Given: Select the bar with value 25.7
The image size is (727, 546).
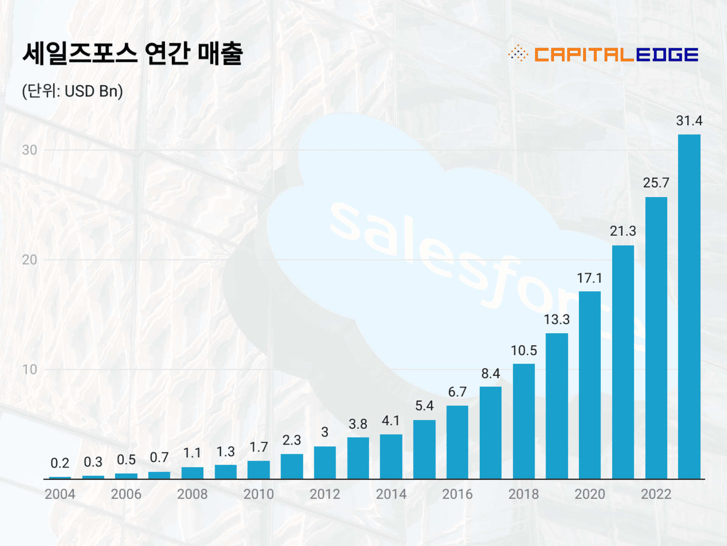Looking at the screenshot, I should coord(656,337).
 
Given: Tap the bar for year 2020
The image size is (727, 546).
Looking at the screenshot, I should coord(590,385).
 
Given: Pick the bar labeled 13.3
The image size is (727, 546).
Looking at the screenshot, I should coord(557,406).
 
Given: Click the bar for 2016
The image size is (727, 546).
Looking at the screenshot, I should coord(457,442).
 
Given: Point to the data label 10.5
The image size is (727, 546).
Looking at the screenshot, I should coord(524,350).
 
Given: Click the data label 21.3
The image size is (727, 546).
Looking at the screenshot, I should coord(623,231).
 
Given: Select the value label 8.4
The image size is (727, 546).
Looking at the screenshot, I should coord(490,373).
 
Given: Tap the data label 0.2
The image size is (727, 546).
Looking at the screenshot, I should coord(60,463).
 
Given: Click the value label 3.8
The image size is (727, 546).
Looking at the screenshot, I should coord(358,424).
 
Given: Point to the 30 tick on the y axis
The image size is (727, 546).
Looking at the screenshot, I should coord(30,150).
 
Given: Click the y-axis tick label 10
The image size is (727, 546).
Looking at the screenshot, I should coord(30,370).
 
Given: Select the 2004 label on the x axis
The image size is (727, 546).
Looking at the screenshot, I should coord(60,494).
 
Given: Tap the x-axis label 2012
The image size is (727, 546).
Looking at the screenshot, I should coord(325,494).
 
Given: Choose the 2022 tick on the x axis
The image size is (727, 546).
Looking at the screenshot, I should coord(656,494).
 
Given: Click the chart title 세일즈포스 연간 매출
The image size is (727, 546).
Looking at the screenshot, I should coord(133,53).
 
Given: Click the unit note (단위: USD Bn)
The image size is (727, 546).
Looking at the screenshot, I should coord(72,91).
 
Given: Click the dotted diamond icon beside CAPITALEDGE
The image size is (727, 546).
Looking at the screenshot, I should coord(518,54).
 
